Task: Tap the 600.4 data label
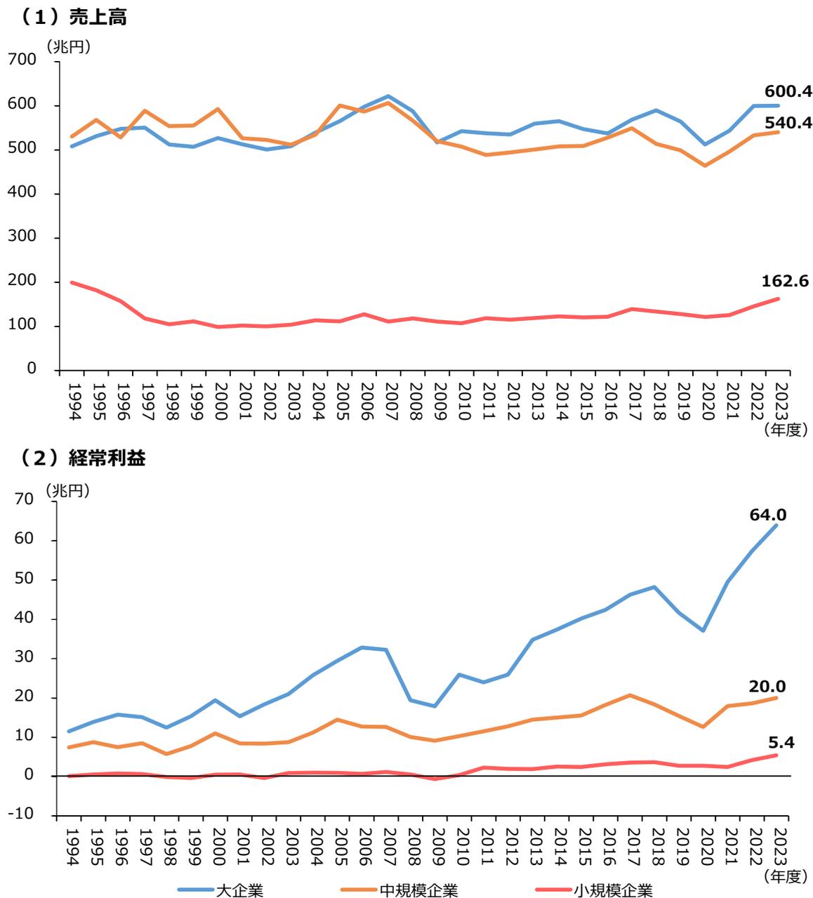pos(788,91)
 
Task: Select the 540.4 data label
pos(788,123)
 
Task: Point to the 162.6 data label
pos(785,282)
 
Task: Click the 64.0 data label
pos(768,515)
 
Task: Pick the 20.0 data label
pos(767,686)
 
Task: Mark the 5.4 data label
pos(781,741)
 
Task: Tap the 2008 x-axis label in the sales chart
pos(414,402)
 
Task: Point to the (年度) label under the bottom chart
pos(781,876)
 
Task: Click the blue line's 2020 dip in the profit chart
pos(703,630)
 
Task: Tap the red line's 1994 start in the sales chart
pos(72,282)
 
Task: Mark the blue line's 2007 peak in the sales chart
pos(389,96)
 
